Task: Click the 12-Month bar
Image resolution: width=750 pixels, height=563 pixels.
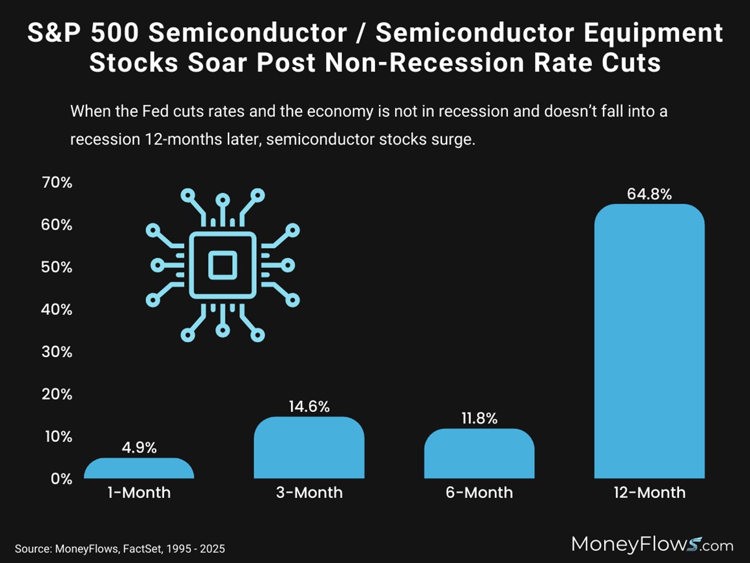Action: pos(649,342)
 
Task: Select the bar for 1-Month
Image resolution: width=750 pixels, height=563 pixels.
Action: pos(139,469)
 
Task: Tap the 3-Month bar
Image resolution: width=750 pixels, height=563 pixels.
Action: pos(309,448)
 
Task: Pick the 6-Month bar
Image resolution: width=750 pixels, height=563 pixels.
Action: pos(479,454)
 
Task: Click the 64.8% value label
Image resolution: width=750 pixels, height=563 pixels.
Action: pos(649,194)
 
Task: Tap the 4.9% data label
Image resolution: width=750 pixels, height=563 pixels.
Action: pos(139,447)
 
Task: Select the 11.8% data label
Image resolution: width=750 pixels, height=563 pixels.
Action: pos(479,418)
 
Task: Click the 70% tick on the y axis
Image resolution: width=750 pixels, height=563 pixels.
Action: pos(57,183)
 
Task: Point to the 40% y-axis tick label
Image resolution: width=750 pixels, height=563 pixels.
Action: pos(57,309)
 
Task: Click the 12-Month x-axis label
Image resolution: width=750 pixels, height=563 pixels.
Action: pos(649,493)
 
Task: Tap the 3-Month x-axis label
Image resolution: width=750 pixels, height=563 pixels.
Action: pos(309,493)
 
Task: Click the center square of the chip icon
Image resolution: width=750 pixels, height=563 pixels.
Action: pos(223,265)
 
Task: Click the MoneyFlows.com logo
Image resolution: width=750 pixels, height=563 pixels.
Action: pos(652,544)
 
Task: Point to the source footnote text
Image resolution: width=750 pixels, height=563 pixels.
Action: pos(120,549)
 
